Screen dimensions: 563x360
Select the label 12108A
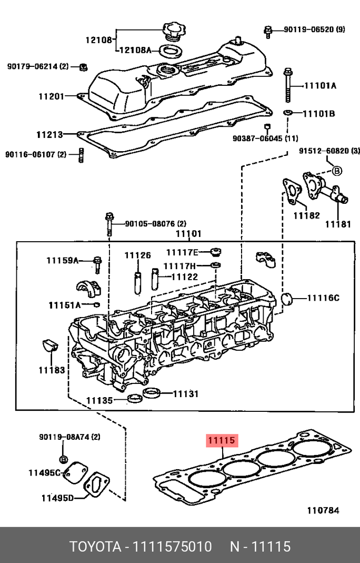pyautogui.click(x=135, y=50)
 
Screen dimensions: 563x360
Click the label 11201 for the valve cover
pyautogui.click(x=51, y=96)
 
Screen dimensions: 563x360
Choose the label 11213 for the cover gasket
pyautogui.click(x=49, y=134)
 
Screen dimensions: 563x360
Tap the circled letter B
pyautogui.click(x=337, y=170)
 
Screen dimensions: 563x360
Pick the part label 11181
pyautogui.click(x=337, y=224)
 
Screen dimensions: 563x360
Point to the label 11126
pyautogui.click(x=137, y=255)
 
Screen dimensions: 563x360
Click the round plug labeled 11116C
pyautogui.click(x=287, y=298)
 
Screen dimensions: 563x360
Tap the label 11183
pyautogui.click(x=51, y=370)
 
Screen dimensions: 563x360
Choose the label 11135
pyautogui.click(x=99, y=401)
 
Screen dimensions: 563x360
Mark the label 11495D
pyautogui.click(x=58, y=497)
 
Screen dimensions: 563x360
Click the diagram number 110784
pyautogui.click(x=323, y=510)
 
